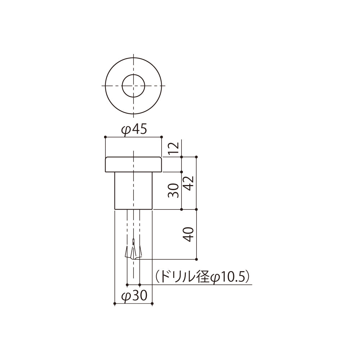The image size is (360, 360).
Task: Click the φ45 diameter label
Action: coord(134,130)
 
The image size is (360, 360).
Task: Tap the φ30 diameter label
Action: coord(134,296)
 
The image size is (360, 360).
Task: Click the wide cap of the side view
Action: coord(134,165)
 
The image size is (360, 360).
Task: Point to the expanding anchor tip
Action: coord(134,252)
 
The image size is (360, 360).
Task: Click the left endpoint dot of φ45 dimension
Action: coord(105,137)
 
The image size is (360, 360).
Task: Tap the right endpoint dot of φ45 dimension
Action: coord(162,137)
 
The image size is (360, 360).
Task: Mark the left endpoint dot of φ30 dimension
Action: coord(114,304)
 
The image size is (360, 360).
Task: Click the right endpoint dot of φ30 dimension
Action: coord(153,304)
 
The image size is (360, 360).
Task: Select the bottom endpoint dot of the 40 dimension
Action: coord(196,259)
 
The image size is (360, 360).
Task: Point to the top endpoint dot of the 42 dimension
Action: coord(196,157)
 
